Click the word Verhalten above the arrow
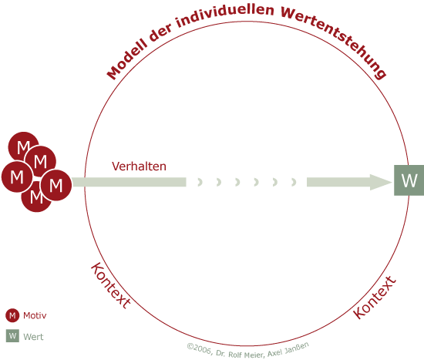coord(139,167)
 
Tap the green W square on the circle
coord(409,180)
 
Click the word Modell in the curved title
coord(127,61)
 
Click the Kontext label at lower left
coord(110,285)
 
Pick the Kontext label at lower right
coord(375,298)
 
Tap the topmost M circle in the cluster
coord(22,146)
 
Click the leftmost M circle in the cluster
coord(17,177)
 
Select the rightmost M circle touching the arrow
coord(56,185)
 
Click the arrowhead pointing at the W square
coord(381,182)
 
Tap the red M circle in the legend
coord(12,315)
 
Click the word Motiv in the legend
coord(35,315)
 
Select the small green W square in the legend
coord(12,336)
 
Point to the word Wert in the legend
coord(33,337)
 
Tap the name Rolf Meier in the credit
coord(246,355)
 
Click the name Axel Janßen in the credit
coord(288,349)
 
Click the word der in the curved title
coord(160,32)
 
